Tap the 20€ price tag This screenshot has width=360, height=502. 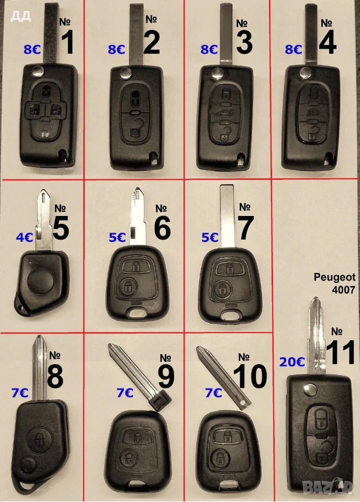click(292, 362)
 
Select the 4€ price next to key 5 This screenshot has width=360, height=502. click(25, 237)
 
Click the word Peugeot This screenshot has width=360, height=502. click(334, 277)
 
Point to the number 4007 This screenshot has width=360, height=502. click(343, 290)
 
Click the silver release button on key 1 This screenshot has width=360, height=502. click(38, 71)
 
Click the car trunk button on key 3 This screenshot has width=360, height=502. click(224, 113)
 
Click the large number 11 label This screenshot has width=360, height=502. click(341, 352)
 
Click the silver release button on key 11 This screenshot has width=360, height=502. click(310, 390)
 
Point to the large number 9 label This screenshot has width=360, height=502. click(166, 375)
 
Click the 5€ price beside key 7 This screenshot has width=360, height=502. click(210, 237)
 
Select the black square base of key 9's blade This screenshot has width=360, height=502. click(161, 400)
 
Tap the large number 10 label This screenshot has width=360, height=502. click(250, 375)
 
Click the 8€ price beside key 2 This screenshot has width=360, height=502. click(116, 49)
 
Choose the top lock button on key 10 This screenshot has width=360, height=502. click(228, 436)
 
